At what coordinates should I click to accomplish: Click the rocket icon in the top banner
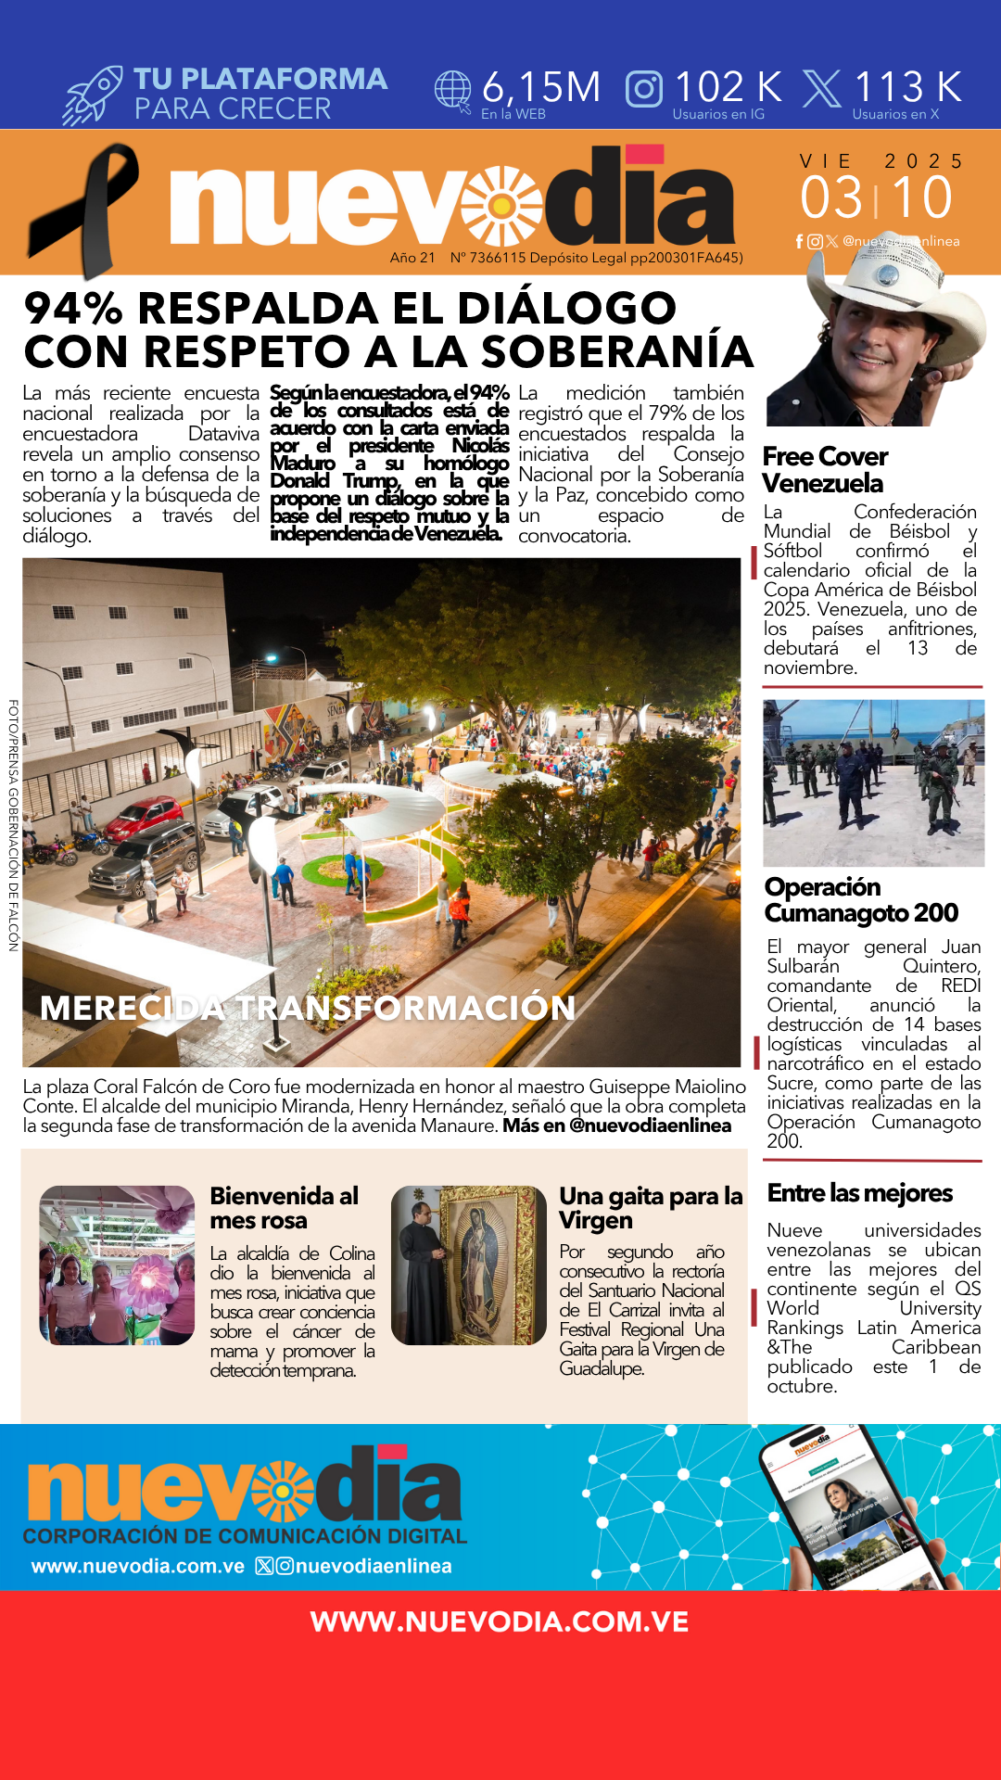pos(93,95)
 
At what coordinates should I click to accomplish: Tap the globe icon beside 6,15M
pos(453,91)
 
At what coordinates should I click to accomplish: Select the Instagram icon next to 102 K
pos(644,89)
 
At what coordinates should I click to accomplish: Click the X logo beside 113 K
pos(821,89)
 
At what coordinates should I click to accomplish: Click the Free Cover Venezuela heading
pos(824,470)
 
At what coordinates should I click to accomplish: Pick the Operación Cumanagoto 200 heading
pos(861,899)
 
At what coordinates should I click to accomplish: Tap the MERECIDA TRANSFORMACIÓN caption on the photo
pos(308,1008)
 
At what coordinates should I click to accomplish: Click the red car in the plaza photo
pos(145,819)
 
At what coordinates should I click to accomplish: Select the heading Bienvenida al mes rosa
pos(284,1208)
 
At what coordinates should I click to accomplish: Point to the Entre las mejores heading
pos(859,1193)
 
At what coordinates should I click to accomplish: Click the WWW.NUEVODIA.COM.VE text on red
pos(500,1621)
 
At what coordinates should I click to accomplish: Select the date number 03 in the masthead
pos(831,197)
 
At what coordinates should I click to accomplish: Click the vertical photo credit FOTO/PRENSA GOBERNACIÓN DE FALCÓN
pos(14,824)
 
